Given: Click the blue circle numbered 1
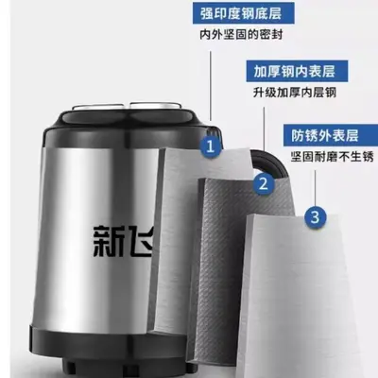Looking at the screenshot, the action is [x=210, y=146].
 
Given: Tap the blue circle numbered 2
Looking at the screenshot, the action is [x=264, y=183].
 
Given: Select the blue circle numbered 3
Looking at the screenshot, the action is [x=316, y=216].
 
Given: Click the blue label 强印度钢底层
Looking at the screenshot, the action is [x=241, y=13].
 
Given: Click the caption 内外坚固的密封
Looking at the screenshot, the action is [x=241, y=34].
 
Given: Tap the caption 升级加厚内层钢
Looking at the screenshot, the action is [x=295, y=93].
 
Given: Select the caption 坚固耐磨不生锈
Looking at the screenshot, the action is [x=332, y=157].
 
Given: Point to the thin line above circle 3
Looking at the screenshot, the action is [x=316, y=188].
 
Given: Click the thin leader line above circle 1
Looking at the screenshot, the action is [x=211, y=85].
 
